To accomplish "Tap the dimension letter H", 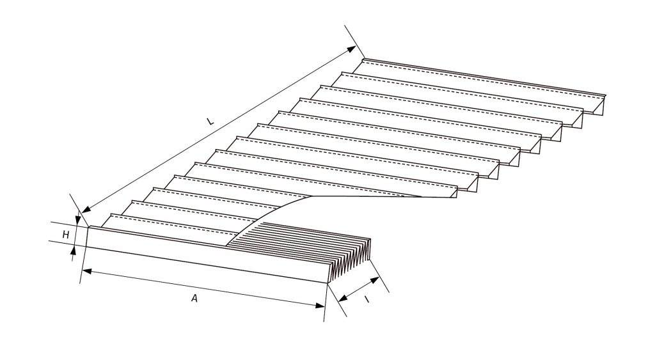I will point(65,235).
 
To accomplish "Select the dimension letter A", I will point(194,297).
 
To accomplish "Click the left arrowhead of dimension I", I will point(343,295).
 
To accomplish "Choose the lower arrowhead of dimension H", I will point(73,251).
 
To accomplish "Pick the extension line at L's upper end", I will point(354,41).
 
